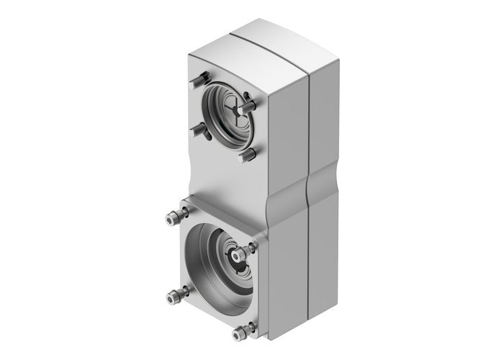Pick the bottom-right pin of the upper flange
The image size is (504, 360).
246,155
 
